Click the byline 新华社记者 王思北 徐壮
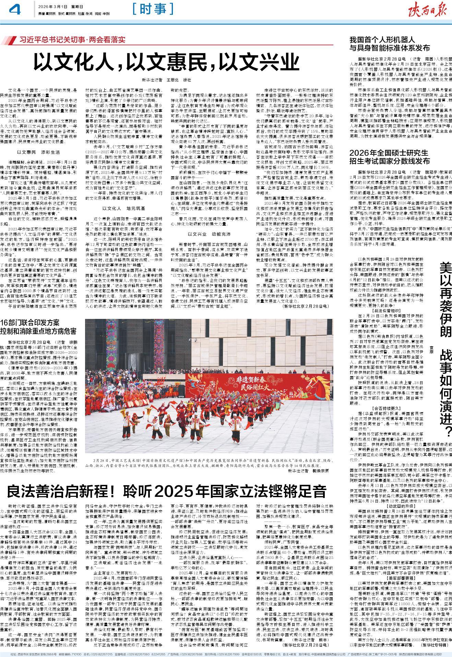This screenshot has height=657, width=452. (167, 80)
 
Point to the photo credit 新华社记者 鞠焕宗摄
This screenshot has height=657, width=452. (308, 471)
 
